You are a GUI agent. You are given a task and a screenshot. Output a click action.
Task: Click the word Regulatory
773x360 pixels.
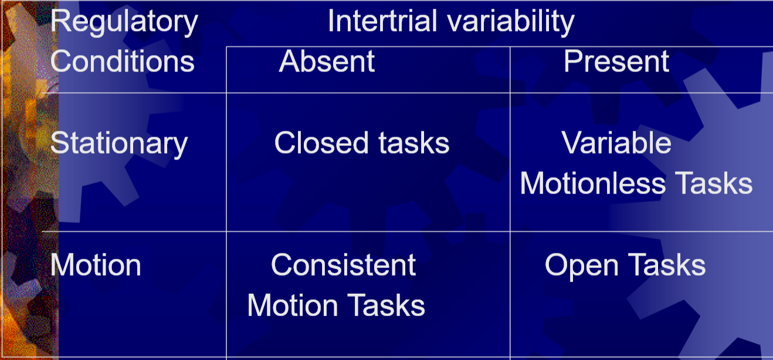[x=124, y=22]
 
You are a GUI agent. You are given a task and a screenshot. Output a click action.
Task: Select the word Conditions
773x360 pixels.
[x=123, y=62]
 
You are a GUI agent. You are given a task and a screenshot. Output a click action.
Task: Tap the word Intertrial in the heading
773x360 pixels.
[x=382, y=21]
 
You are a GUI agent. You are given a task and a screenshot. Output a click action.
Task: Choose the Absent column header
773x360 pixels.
[x=327, y=62]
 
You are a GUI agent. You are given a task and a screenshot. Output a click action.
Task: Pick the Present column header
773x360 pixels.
[x=616, y=62]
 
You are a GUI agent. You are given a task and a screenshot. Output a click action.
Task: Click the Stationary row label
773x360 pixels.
[x=119, y=144]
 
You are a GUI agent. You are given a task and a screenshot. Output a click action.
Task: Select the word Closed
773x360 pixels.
[x=321, y=142]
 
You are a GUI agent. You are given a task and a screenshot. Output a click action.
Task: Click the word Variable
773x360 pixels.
[x=616, y=142]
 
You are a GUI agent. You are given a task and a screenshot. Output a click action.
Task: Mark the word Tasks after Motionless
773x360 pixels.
[x=714, y=183]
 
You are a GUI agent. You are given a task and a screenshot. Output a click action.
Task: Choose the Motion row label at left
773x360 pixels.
[x=96, y=265]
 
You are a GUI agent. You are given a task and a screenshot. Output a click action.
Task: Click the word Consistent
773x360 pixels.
[x=343, y=265]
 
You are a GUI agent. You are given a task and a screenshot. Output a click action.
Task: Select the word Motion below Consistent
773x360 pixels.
[x=293, y=305]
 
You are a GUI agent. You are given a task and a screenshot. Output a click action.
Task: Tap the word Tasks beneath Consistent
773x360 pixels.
[x=386, y=305]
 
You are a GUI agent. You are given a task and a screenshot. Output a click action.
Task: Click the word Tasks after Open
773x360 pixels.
[x=667, y=265]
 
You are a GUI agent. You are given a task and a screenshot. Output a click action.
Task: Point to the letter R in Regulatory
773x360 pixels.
[x=60, y=21]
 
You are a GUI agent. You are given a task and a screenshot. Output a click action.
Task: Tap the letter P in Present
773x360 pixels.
[x=573, y=62]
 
